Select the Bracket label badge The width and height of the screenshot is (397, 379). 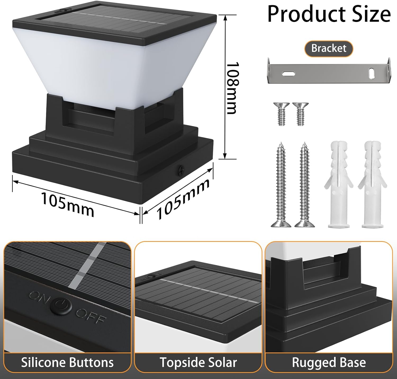(x=328, y=49)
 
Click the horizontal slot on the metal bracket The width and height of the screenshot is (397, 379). (x=288, y=73)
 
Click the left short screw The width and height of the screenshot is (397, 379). (x=281, y=114)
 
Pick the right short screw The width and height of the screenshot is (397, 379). (x=300, y=114)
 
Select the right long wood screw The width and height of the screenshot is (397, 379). (x=305, y=185)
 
